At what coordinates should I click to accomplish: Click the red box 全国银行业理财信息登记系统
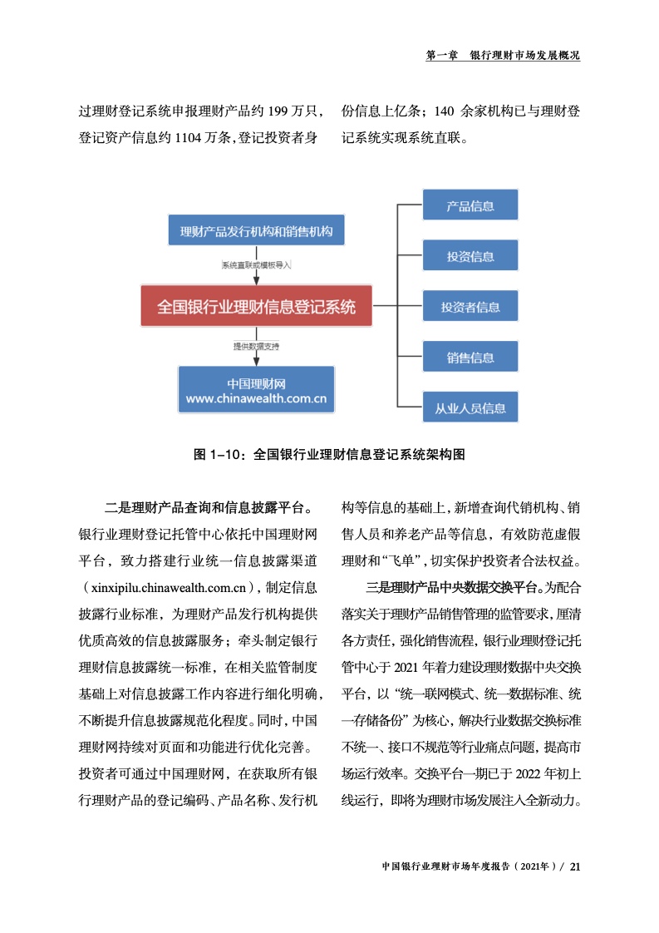(256, 307)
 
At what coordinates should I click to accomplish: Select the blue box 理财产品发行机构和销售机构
(256, 231)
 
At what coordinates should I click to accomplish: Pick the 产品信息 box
(470, 205)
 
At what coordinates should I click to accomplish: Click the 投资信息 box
(470, 256)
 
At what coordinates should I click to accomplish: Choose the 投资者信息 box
(470, 307)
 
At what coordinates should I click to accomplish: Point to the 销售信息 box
(470, 358)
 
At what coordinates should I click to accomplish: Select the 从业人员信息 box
(470, 408)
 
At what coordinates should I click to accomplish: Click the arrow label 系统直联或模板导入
(256, 265)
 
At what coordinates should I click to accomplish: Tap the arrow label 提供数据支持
(256, 345)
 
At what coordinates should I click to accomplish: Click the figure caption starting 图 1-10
(328, 455)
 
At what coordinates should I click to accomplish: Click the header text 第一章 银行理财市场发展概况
(502, 55)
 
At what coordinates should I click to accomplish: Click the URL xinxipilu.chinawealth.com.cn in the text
(167, 589)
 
